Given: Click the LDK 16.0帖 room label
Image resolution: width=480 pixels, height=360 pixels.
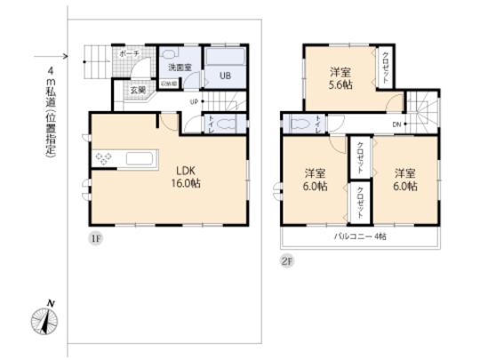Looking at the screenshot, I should click(x=185, y=174).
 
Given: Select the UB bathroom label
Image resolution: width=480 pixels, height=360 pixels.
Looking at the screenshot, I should click(x=225, y=76).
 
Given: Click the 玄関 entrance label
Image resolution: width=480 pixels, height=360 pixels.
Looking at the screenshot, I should click(x=140, y=90).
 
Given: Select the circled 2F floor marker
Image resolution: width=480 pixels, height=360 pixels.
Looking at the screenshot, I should click(x=287, y=260).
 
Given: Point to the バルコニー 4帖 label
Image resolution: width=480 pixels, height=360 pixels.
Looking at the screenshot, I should click(x=360, y=236).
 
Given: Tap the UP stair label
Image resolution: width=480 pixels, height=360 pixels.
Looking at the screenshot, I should click(x=193, y=100).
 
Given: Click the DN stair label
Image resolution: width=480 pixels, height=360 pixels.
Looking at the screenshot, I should click(x=396, y=124).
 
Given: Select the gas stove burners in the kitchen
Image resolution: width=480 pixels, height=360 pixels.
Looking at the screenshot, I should click(x=103, y=160).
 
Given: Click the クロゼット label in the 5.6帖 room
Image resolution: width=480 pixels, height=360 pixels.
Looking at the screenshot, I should click(x=384, y=68).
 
